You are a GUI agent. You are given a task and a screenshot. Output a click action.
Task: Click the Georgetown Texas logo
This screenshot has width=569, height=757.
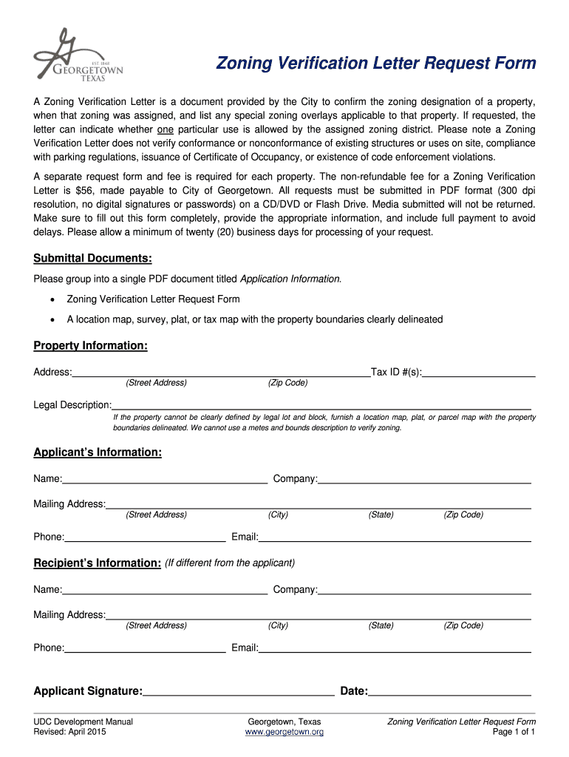pyautogui.click(x=78, y=58)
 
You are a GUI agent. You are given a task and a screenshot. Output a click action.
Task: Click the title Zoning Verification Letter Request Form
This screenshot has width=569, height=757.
pyautogui.click(x=375, y=64)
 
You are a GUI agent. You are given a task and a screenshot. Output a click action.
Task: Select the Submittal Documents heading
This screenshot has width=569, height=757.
pyautogui.click(x=92, y=258)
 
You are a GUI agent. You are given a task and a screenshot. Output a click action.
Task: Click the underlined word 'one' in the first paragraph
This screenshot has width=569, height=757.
pyautogui.click(x=166, y=129)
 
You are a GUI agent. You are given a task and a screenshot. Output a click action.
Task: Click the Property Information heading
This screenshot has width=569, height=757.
pyautogui.click(x=90, y=346)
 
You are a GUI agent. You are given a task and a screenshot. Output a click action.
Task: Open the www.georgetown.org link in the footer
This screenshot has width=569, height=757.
pyautogui.click(x=284, y=732)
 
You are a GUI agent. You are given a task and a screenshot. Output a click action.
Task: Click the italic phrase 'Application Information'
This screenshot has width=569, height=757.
pyautogui.click(x=290, y=279)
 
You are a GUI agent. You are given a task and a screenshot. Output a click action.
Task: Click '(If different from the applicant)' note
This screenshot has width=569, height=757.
pyautogui.click(x=230, y=563)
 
